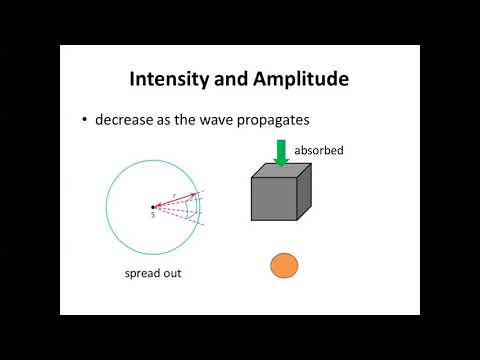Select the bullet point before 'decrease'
coord(85,120)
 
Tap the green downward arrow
coord(281,152)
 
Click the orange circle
coord(285,265)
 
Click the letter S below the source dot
coord(152,215)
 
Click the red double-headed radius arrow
coord(174,204)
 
